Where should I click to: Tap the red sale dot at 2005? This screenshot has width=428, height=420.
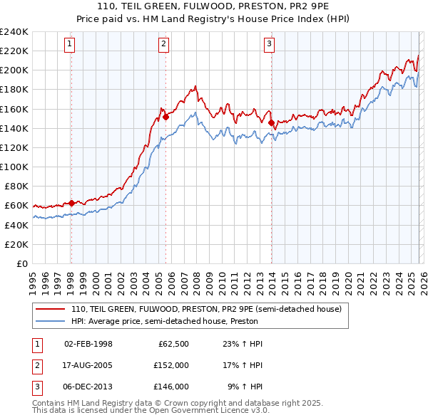[x=165, y=117]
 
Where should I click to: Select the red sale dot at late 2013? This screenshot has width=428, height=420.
[x=271, y=122]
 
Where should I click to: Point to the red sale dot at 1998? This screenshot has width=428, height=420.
[x=71, y=203]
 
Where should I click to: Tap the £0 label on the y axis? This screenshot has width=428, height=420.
[x=21, y=263]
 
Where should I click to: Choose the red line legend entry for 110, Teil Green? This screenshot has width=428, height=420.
[x=206, y=309]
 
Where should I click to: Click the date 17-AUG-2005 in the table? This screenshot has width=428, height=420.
[x=88, y=365]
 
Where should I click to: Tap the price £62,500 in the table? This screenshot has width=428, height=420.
[x=173, y=344]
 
